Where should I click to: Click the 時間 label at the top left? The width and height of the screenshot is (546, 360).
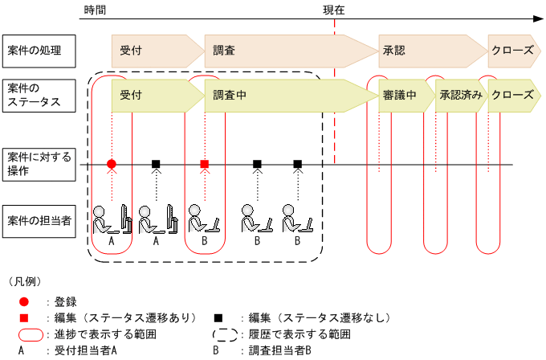pos(94,10)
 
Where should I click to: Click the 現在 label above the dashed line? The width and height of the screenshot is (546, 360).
pos(334,10)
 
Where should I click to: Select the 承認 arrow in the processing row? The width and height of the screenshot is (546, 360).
pos(430,50)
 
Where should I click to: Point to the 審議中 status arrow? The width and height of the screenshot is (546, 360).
pos(401,95)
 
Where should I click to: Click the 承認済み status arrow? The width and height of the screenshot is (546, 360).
pos(461,95)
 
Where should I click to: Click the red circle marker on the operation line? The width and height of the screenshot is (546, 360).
pos(112,164)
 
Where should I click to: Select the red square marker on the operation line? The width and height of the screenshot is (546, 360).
pos(205,164)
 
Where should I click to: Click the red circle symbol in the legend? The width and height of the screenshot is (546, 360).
pos(25,301)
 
